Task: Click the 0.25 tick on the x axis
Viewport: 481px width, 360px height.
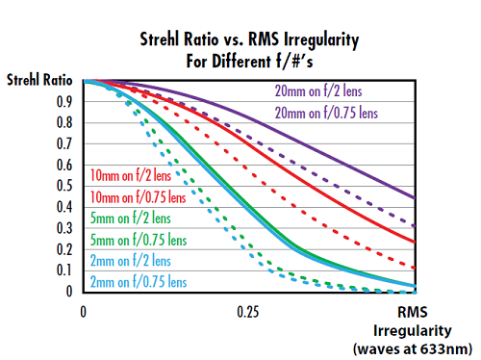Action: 248,313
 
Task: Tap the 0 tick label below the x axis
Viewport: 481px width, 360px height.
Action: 84,313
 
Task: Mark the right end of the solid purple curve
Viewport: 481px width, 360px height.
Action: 415,198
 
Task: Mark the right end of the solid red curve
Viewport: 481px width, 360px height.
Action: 415,242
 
